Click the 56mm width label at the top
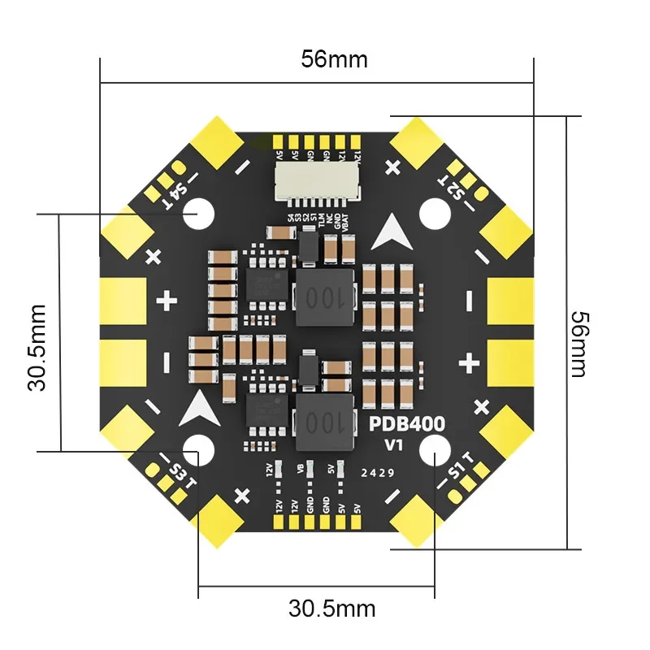click(334, 59)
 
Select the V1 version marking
click(395, 444)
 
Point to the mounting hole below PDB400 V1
click(435, 448)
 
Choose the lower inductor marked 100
click(324, 420)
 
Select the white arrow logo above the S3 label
click(198, 409)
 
